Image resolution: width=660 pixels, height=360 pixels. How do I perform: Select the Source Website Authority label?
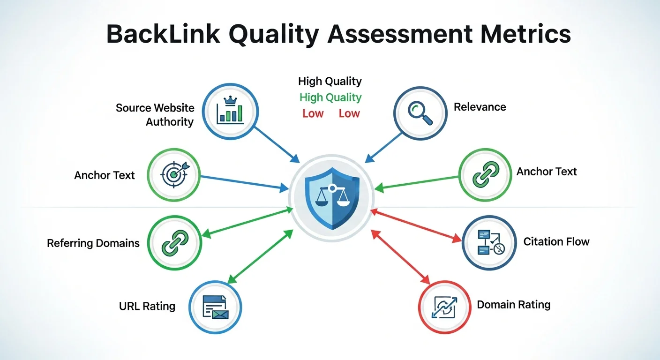coord(155,115)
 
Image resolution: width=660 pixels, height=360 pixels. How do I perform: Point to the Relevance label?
coord(480,107)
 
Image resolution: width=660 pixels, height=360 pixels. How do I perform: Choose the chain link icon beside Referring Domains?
coord(174,243)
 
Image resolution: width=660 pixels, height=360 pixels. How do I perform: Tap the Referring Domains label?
coord(93,243)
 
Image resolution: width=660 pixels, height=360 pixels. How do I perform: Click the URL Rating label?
coord(147,307)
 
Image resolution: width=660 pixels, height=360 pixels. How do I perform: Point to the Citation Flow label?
coord(556,242)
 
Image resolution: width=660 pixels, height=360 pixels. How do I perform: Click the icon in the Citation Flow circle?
coord(489,243)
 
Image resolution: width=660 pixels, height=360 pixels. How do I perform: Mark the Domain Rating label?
coord(513,305)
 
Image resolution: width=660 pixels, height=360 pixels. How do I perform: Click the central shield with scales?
coord(332,193)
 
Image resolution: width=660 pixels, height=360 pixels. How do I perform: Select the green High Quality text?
coord(330,97)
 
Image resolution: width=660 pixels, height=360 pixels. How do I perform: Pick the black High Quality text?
coord(330,81)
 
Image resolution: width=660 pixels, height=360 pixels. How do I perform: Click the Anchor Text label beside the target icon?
coord(105,175)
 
